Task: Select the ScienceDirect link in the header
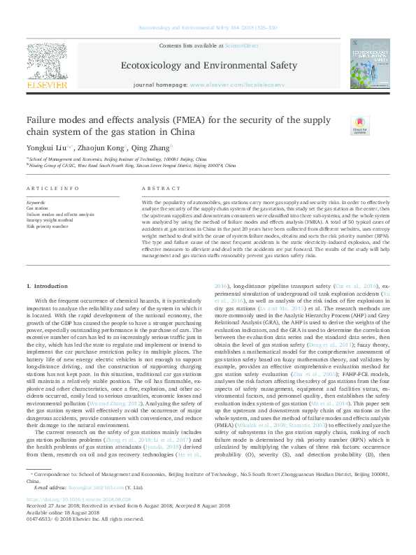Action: tap(241, 45)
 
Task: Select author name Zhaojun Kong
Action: tap(99, 147)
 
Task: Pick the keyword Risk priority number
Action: tap(47, 226)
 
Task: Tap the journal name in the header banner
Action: tap(209, 66)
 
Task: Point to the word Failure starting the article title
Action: tap(43, 120)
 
